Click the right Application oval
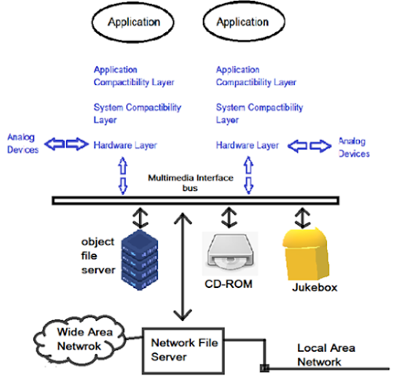pos(244,22)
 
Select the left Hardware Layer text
pos(125,146)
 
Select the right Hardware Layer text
pos(248,146)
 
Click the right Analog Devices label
pos(354,147)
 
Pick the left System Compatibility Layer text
pos(137,113)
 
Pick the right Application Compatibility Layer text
pos(255,76)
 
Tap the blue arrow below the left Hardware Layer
pos(122,174)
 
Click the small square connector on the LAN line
pos(265,367)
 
